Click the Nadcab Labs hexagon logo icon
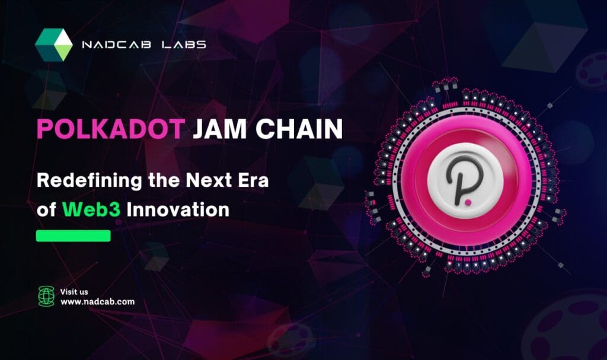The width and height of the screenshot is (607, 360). [53, 45]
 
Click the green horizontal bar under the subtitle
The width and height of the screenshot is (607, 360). [74, 236]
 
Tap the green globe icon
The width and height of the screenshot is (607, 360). [46, 295]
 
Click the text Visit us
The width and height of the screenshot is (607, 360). [74, 291]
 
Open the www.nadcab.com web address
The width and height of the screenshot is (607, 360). [97, 302]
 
